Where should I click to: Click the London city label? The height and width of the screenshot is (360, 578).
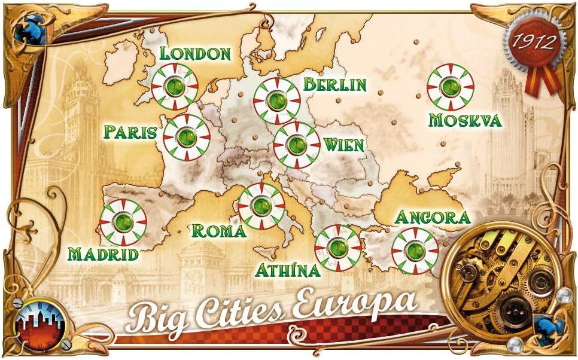pos(195,53)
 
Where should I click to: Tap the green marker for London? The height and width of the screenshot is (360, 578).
pos(175,86)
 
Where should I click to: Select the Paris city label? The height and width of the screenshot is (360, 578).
pos(130,131)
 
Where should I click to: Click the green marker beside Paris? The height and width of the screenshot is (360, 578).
pos(187,138)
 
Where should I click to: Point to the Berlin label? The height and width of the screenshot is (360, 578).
pos(334,84)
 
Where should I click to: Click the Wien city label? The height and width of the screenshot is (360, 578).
pos(343,144)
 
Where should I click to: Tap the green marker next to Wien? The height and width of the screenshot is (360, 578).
pos(296,145)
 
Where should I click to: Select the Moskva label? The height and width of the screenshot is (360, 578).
pos(465,120)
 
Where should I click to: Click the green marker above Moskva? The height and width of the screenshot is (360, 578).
pos(451,87)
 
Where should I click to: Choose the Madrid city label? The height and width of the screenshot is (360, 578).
pos(103,254)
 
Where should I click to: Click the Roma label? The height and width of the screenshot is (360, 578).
pos(218,231)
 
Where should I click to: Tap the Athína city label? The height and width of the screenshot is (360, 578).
pos(288,270)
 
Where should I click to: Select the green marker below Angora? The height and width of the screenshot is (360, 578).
pos(415,251)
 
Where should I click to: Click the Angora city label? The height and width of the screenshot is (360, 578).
pos(433,217)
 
